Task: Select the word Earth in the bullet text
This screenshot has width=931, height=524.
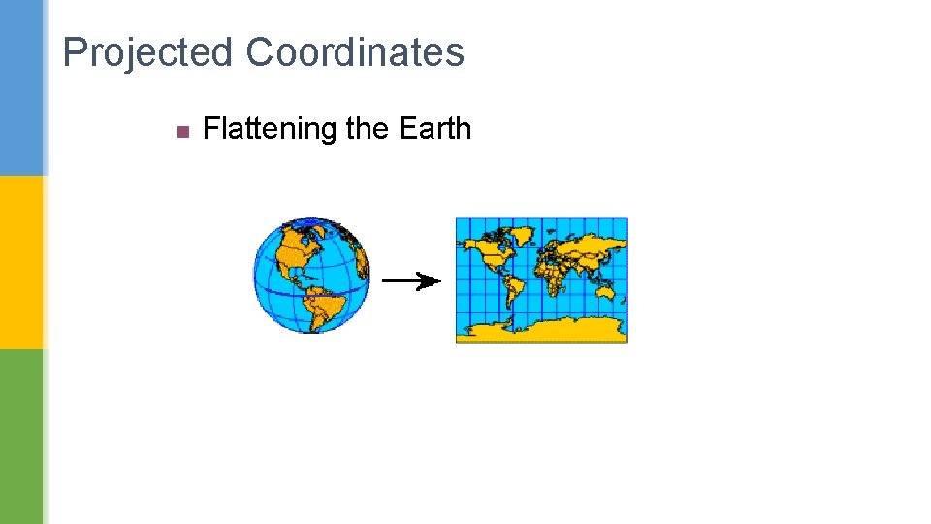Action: click(434, 129)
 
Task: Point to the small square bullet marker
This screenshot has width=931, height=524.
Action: click(181, 130)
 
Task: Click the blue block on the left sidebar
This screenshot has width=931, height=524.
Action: click(21, 87)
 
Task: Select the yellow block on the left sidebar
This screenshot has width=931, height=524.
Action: click(21, 262)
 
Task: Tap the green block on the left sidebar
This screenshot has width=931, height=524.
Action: click(21, 437)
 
